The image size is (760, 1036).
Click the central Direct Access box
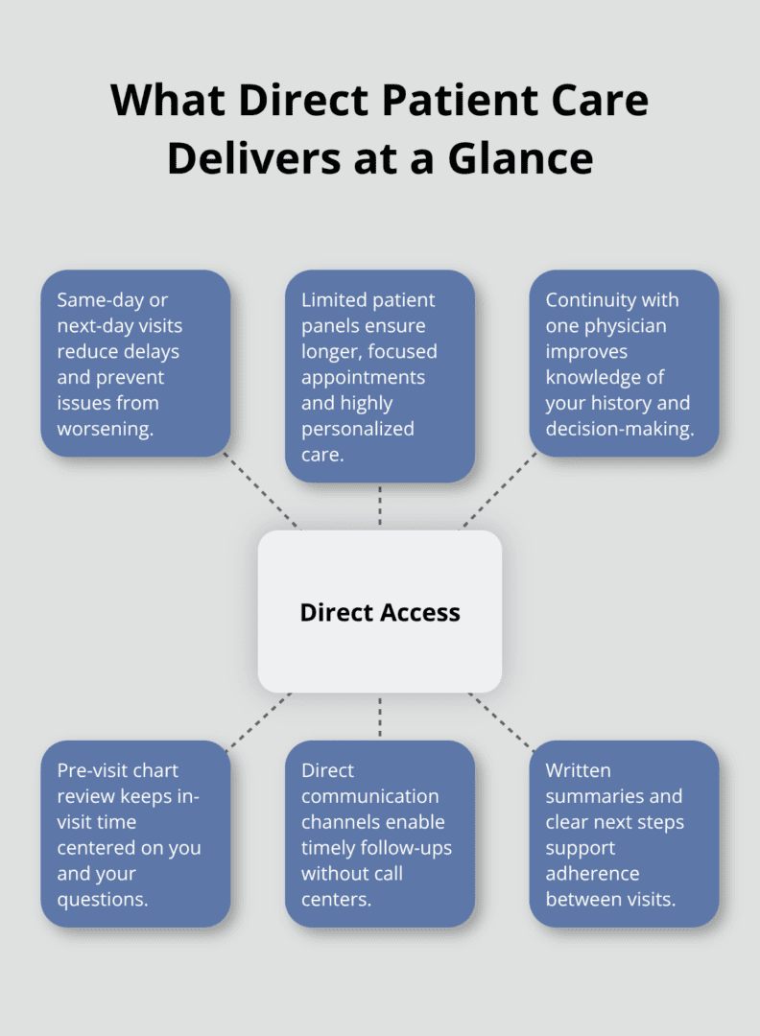pyautogui.click(x=380, y=612)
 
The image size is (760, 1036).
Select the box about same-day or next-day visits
pyautogui.click(x=135, y=364)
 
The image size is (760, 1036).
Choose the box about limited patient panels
pyautogui.click(x=380, y=376)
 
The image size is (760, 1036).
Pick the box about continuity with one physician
pyautogui.click(x=625, y=364)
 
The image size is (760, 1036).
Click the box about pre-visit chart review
pyautogui.click(x=135, y=834)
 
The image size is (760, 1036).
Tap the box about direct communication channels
pyautogui.click(x=380, y=834)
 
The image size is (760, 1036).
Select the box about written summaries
pyautogui.click(x=625, y=834)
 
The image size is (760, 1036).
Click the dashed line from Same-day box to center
pyautogui.click(x=261, y=490)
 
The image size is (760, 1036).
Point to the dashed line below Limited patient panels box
pyautogui.click(x=380, y=506)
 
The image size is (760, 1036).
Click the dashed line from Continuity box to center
pyautogui.click(x=499, y=490)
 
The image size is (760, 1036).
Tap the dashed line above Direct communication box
pyautogui.click(x=380, y=717)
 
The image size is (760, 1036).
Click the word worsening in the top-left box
pyautogui.click(x=106, y=429)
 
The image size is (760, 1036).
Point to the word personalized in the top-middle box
pyautogui.click(x=358, y=429)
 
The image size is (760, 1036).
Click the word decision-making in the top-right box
pyautogui.click(x=620, y=429)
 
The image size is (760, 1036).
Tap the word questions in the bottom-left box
pyautogui.click(x=103, y=899)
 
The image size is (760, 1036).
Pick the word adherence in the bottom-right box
pyautogui.click(x=592, y=873)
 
